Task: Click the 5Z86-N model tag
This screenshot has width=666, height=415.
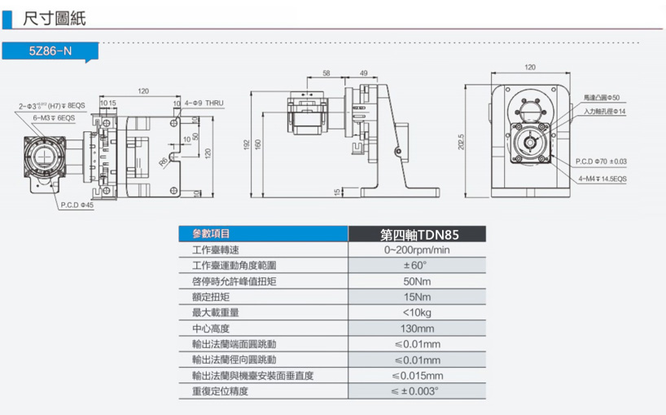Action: click(50, 51)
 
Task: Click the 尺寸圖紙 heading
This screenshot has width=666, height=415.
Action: click(55, 17)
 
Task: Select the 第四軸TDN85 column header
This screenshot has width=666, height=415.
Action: click(418, 235)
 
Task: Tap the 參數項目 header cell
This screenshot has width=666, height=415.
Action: click(211, 235)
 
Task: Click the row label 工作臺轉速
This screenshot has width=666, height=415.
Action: click(216, 250)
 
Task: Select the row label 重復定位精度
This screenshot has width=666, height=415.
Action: click(221, 391)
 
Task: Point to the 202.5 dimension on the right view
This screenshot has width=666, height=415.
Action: click(461, 142)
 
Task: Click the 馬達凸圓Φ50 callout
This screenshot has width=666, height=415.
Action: click(602, 98)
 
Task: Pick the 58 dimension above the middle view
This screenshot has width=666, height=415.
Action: click(326, 73)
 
